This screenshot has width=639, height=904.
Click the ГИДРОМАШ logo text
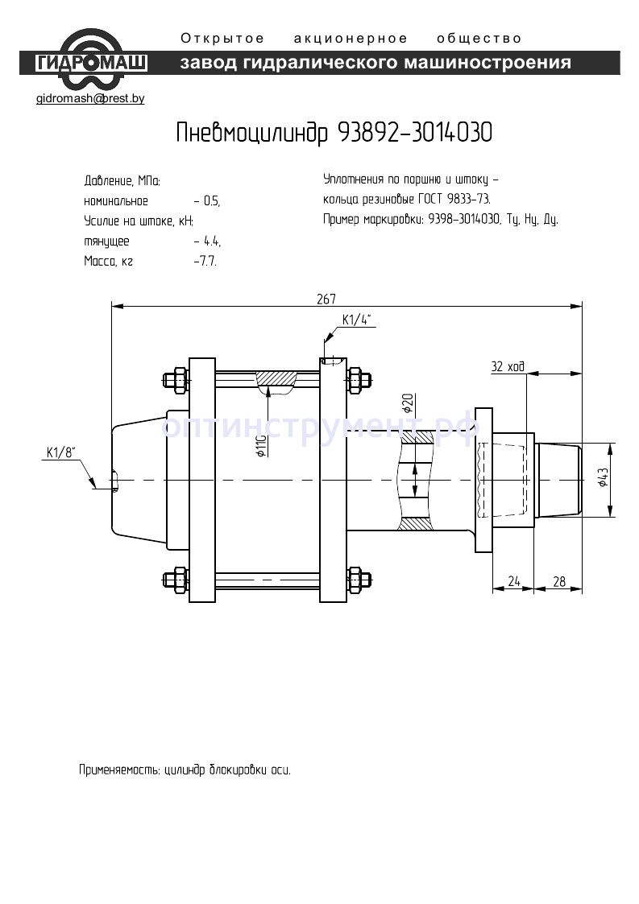pyautogui.click(x=91, y=63)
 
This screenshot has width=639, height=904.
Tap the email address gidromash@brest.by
pyautogui.click(x=90, y=99)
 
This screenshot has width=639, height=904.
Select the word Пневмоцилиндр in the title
pyautogui.click(x=251, y=134)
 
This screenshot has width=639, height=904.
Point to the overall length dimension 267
pyautogui.click(x=326, y=299)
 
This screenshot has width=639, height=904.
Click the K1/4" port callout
pyautogui.click(x=355, y=320)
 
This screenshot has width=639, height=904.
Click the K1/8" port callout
pyautogui.click(x=59, y=453)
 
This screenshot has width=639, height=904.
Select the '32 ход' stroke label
pyautogui.click(x=508, y=367)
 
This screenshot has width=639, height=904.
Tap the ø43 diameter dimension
pyautogui.click(x=602, y=479)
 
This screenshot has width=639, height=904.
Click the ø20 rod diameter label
pyautogui.click(x=408, y=402)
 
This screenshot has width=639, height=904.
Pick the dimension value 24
pyautogui.click(x=512, y=581)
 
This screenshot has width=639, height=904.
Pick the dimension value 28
pyautogui.click(x=560, y=581)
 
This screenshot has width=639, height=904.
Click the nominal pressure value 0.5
pyautogui.click(x=211, y=201)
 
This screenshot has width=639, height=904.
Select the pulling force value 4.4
pyautogui.click(x=213, y=241)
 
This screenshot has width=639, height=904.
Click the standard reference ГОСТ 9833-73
pyautogui.click(x=453, y=199)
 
